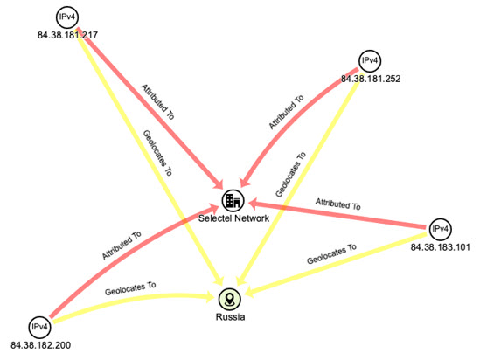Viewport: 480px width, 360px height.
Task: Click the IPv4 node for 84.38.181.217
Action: (x=67, y=17)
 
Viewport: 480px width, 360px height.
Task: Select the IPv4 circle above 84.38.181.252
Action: (x=370, y=61)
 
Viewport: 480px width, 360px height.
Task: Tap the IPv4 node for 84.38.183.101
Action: (x=440, y=229)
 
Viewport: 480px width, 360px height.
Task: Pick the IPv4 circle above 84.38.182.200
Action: (x=39, y=328)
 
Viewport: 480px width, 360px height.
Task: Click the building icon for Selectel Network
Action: (x=233, y=201)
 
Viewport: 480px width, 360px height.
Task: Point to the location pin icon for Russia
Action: (x=230, y=299)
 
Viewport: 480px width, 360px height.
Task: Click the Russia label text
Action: (x=230, y=317)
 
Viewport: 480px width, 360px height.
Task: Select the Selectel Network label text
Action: (x=233, y=218)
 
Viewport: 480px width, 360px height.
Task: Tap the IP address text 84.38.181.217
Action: (x=67, y=35)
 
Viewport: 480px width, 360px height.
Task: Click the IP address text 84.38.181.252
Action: (x=371, y=79)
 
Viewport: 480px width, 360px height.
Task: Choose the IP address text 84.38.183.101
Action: (x=440, y=247)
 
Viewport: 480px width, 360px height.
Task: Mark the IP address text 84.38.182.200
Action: (x=41, y=345)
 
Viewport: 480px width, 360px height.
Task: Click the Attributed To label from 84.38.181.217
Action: (x=157, y=102)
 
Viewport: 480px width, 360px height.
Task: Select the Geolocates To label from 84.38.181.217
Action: (x=157, y=153)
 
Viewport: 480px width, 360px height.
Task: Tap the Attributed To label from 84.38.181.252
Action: (x=286, y=112)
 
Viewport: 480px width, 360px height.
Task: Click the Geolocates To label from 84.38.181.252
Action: (x=290, y=175)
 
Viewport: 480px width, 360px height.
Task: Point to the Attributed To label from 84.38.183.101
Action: (x=338, y=204)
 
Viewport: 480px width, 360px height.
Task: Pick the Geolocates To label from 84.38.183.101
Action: (x=332, y=254)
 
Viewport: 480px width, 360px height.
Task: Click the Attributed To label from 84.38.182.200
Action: (x=122, y=246)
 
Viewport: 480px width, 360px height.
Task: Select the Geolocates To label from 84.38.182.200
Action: (x=130, y=288)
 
